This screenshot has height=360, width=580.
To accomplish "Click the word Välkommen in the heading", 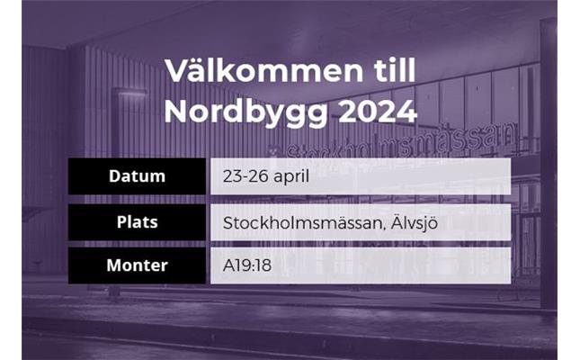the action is click(264, 70).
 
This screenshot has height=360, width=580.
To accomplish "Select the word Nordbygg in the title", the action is click(246, 112).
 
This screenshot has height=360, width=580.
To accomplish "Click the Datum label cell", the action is click(137, 176).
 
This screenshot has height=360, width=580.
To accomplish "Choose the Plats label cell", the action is click(137, 222).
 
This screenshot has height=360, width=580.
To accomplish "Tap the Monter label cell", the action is click(137, 265).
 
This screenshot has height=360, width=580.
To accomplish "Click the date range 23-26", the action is click(245, 176).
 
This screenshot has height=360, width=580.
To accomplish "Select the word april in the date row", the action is click(291, 177).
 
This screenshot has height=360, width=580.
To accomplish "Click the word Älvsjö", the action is click(415, 223).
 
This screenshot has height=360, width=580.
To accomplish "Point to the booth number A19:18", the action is click(247, 265).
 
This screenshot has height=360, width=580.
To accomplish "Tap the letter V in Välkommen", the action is click(177, 71).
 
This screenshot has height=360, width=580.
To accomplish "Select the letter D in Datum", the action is click(115, 176).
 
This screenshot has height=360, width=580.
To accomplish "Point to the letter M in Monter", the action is click(114, 265).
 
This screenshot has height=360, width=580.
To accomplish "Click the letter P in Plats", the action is click(121, 222).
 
